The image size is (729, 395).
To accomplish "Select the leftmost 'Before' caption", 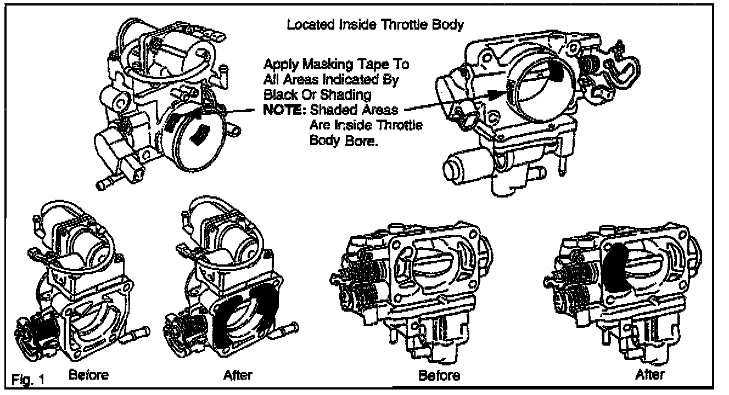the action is pyautogui.click(x=88, y=375).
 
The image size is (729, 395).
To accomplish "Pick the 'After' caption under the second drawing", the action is pyautogui.click(x=238, y=375).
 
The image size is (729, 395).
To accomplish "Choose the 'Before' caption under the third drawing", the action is pyautogui.click(x=439, y=376).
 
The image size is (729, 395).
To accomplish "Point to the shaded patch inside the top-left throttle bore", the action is pyautogui.click(x=202, y=133).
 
